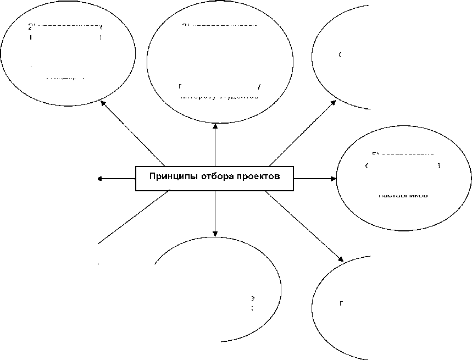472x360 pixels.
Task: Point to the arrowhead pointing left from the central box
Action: (99, 178)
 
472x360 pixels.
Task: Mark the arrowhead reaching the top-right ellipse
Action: (335, 102)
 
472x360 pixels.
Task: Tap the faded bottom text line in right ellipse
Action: (403, 195)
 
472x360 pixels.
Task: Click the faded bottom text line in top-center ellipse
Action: (220, 96)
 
